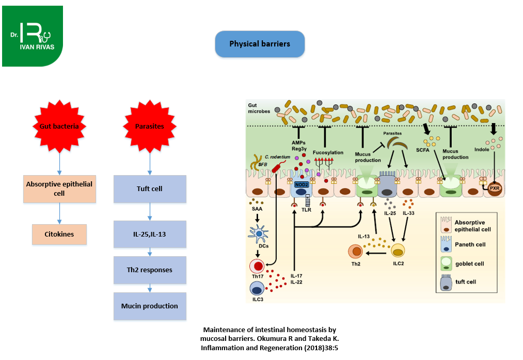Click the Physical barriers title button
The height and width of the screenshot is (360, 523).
pyautogui.click(x=260, y=44)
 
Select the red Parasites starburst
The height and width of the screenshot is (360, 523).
pyautogui.click(x=150, y=126)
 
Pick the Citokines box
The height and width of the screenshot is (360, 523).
pyautogui.click(x=59, y=234)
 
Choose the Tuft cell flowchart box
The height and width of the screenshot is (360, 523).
pyautogui.click(x=150, y=189)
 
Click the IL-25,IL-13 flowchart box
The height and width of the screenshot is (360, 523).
pyautogui.click(x=150, y=234)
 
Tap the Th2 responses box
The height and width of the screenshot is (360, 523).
pyautogui.click(x=150, y=270)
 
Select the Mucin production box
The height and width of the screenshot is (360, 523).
pyautogui.click(x=150, y=306)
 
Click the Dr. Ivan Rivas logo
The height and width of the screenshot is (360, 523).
pyautogui.click(x=33, y=36)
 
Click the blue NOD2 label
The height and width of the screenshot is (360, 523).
pyautogui.click(x=301, y=183)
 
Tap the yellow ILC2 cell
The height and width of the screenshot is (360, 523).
pyautogui.click(x=398, y=251)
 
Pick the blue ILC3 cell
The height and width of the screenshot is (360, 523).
pyautogui.click(x=257, y=288)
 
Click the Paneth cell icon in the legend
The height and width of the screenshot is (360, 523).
pyautogui.click(x=445, y=244)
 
